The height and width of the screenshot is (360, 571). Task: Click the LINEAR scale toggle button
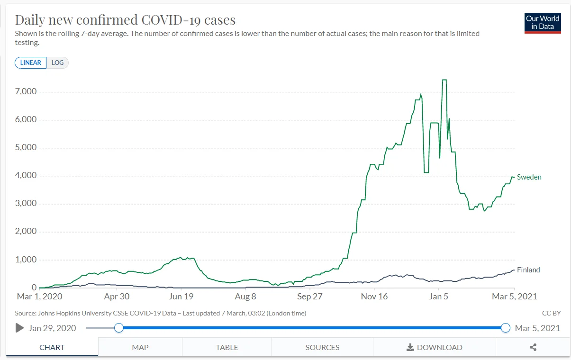(x=31, y=63)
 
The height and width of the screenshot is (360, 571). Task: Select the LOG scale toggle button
(x=58, y=63)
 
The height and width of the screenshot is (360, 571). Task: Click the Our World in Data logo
(x=543, y=23)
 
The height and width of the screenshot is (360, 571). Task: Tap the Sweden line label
(x=529, y=177)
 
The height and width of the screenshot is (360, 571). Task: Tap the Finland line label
(x=528, y=270)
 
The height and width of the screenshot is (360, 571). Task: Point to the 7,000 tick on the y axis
(x=27, y=91)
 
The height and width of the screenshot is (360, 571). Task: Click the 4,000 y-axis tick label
(x=27, y=176)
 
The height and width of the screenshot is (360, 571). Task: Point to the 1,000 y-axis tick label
(x=27, y=260)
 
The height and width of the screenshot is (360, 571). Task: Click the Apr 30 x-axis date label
(x=117, y=297)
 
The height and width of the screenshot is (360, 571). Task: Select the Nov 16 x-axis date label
(x=374, y=297)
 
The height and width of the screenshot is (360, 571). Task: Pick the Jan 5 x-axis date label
(x=439, y=297)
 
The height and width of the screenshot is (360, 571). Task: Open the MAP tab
(x=140, y=347)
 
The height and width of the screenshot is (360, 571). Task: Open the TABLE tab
(x=227, y=347)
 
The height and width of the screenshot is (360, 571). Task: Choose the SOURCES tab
(x=322, y=347)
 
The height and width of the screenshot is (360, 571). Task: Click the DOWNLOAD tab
(x=435, y=347)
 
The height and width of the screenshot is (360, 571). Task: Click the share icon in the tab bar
(x=533, y=347)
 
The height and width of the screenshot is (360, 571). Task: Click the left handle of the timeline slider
(x=119, y=328)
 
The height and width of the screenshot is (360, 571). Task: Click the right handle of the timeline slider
(x=506, y=328)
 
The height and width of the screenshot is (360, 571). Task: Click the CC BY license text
(x=552, y=313)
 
